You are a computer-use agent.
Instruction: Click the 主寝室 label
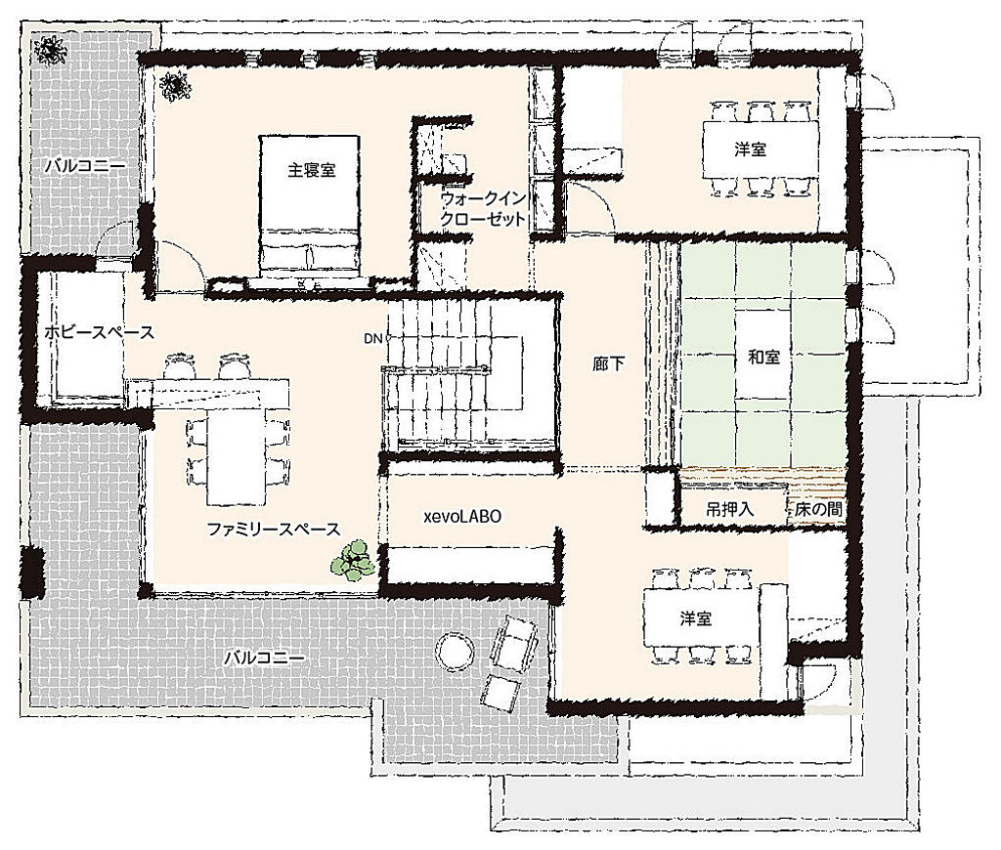click(312, 170)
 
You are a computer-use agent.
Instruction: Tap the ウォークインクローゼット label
click(483, 209)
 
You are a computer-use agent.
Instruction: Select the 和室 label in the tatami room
click(763, 357)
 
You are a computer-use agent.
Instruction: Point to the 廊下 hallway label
click(608, 363)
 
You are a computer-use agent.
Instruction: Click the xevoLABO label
click(462, 516)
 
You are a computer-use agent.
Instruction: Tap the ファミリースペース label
click(274, 529)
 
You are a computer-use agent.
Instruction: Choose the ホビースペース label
click(99, 332)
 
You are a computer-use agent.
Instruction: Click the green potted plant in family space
click(353, 560)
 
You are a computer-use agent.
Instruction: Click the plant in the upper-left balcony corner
click(49, 50)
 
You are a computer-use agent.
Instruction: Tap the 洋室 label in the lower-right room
click(695, 617)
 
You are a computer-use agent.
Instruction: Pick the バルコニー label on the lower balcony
click(264, 658)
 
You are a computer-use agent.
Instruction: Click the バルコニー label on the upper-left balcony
click(85, 166)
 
